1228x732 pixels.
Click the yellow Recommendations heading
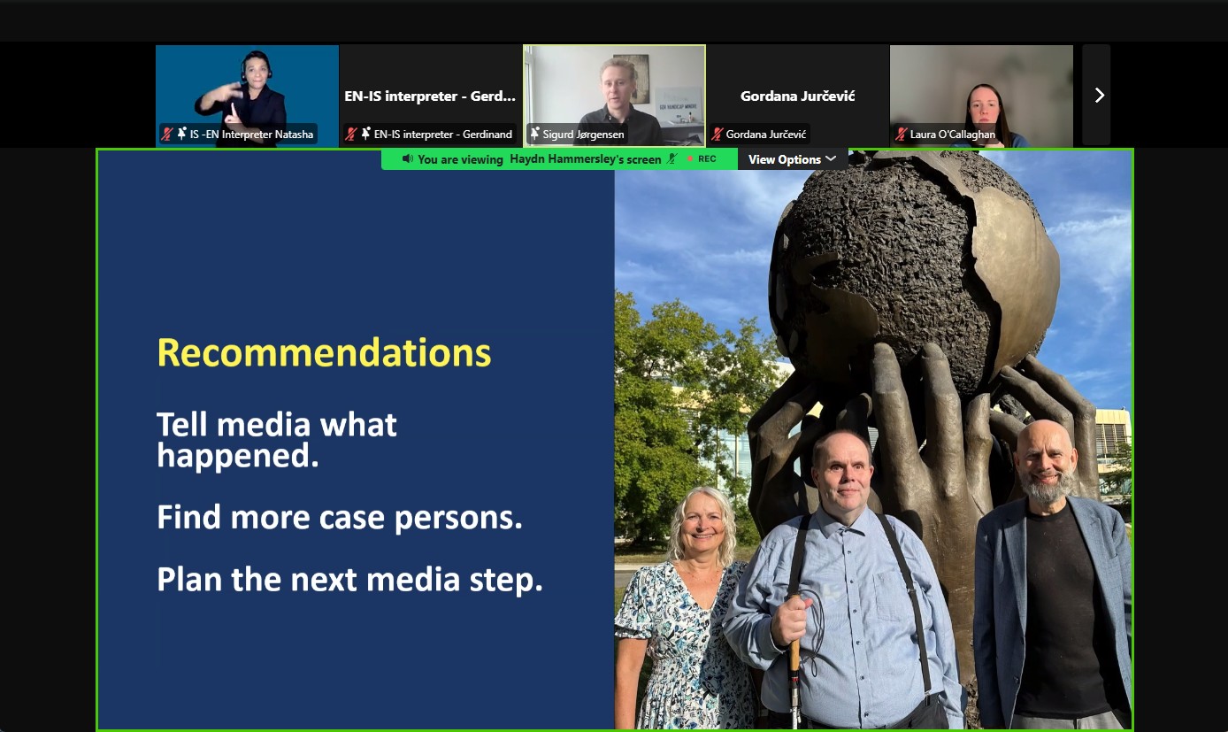324,352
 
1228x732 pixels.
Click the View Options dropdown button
792,159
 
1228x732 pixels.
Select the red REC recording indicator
702,159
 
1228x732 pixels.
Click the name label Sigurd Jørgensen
583,134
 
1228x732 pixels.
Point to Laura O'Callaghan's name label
952,134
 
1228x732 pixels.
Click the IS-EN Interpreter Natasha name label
251,134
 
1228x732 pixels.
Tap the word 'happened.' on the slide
238,456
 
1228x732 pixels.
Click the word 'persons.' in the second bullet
458,518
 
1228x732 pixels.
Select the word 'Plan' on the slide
189,579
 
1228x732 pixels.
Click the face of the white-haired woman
702,528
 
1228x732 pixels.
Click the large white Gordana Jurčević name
797,96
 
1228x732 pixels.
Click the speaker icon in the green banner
407,159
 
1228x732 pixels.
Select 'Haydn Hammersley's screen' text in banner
586,159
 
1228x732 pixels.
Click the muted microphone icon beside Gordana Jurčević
717,134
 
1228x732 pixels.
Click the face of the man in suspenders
844,473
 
